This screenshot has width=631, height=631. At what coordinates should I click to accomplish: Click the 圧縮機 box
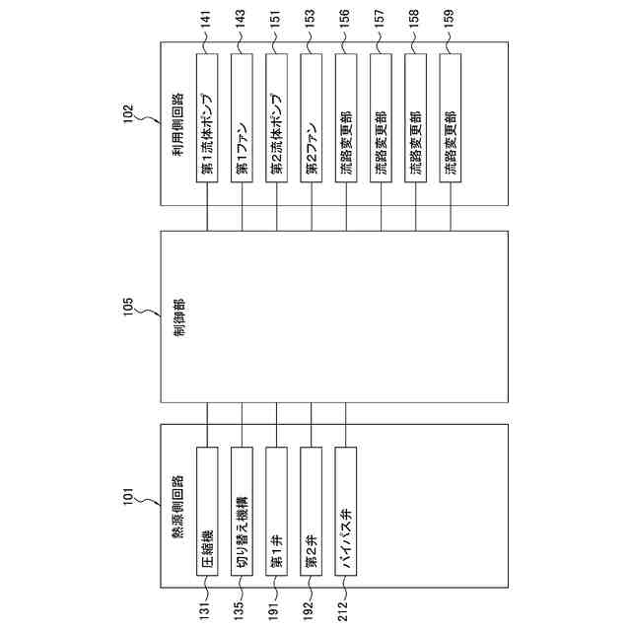pyautogui.click(x=208, y=519)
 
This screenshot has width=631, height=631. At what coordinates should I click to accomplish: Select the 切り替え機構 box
pyautogui.click(x=243, y=519)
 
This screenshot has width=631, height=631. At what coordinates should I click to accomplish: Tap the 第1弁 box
pyautogui.click(x=277, y=519)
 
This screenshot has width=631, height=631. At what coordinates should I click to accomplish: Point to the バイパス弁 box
pyautogui.click(x=346, y=519)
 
